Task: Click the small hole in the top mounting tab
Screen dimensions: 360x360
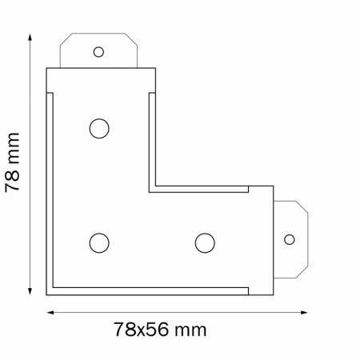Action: point(98,52)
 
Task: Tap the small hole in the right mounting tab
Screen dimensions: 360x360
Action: point(290,239)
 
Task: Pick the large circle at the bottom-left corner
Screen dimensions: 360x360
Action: point(99,243)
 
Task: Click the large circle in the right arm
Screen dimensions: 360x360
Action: point(205,243)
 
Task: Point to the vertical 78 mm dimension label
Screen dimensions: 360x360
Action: point(12,162)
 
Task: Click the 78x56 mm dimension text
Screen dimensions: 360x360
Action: point(161,330)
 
